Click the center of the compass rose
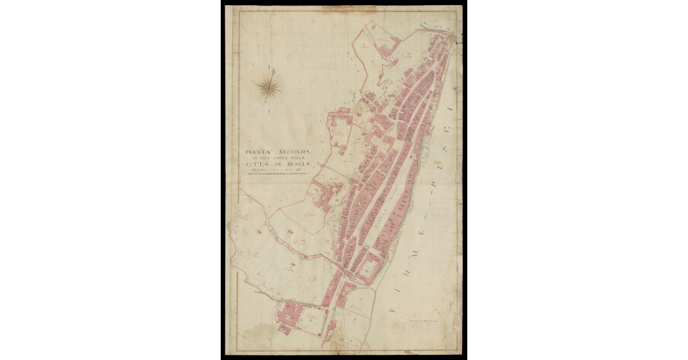pos(268,87)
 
